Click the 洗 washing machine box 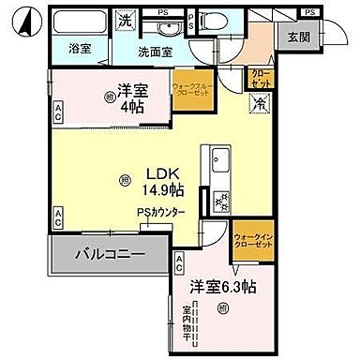123,21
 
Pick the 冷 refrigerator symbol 257,104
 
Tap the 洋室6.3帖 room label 219,286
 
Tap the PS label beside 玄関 309,11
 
